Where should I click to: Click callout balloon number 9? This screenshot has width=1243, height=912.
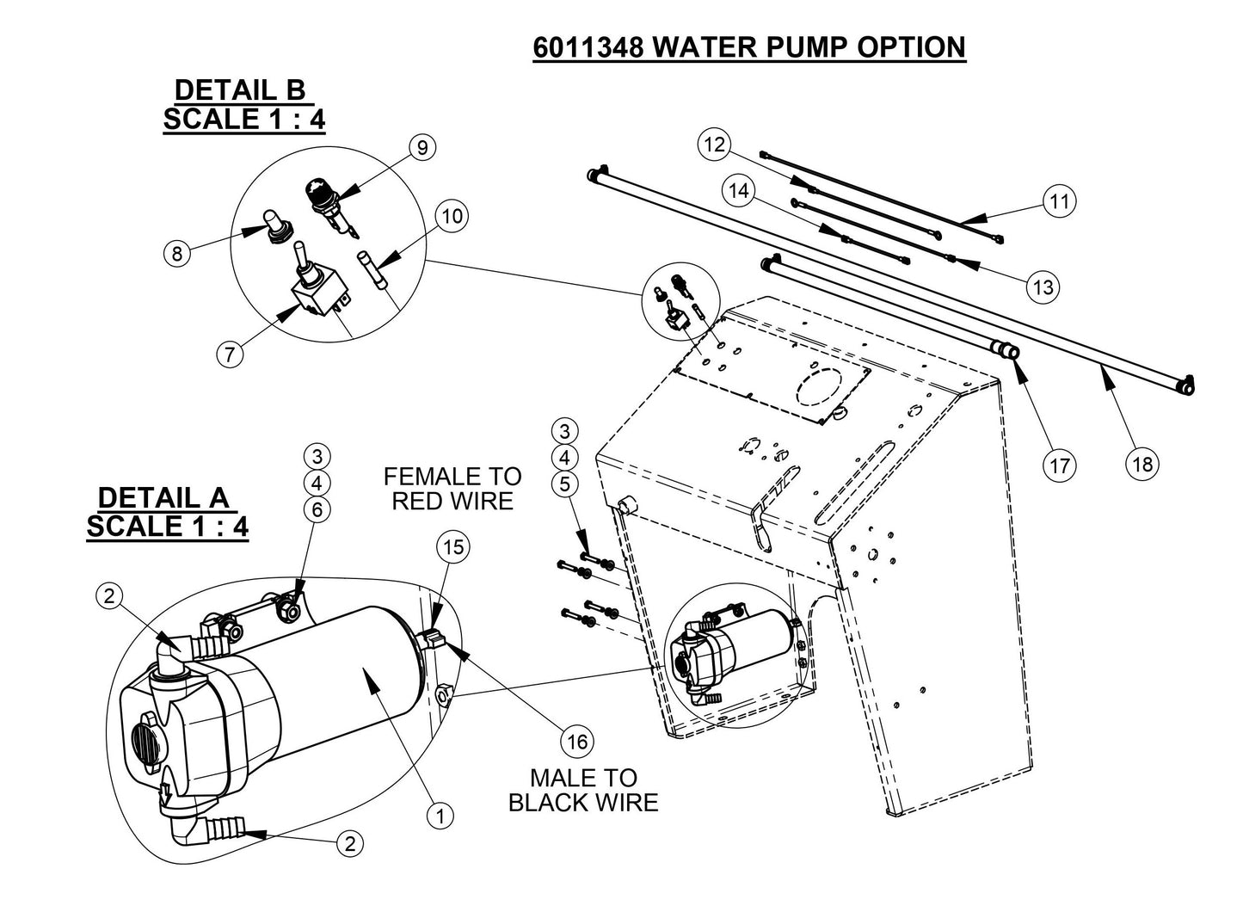tap(421, 148)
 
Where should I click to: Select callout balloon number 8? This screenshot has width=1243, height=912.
tap(177, 254)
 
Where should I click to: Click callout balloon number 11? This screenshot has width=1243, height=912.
tap(1060, 201)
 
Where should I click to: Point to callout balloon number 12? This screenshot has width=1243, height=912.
tap(714, 144)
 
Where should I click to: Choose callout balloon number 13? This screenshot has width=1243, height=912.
tap(1043, 287)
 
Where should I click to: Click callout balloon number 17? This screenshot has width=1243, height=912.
tap(1059, 465)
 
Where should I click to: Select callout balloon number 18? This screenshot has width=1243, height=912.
tap(1142, 465)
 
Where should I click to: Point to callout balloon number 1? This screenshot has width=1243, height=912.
tap(440, 816)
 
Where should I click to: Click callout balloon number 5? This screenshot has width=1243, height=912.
tap(564, 484)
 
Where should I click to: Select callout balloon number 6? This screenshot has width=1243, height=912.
tap(317, 510)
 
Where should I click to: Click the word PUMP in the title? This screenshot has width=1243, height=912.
tap(798, 46)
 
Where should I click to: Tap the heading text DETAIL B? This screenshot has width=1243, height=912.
tap(240, 89)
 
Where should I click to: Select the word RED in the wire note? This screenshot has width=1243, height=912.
tap(417, 501)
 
